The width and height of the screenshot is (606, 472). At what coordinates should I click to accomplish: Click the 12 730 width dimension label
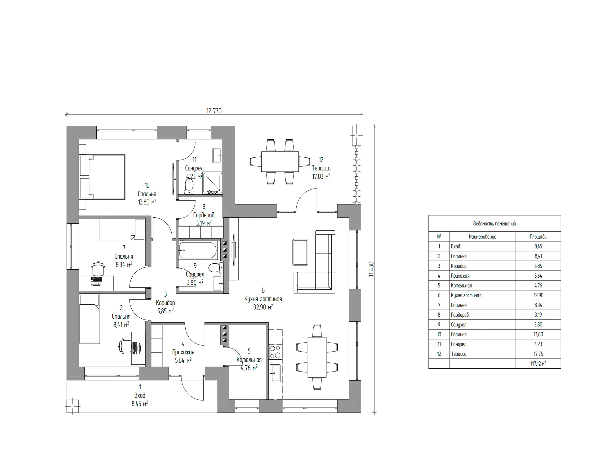[x=214, y=111]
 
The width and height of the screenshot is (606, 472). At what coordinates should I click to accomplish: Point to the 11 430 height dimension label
[x=371, y=269]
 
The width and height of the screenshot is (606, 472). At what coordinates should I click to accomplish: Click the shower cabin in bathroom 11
[x=213, y=183]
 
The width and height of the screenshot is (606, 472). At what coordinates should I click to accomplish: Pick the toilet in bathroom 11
[x=189, y=186]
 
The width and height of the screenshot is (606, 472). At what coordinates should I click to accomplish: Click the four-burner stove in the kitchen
[x=276, y=352]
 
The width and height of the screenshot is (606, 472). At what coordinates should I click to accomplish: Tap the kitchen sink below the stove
[x=275, y=373]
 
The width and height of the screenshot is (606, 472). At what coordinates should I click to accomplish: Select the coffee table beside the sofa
[x=300, y=252]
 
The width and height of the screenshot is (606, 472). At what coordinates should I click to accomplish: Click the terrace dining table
[x=280, y=161]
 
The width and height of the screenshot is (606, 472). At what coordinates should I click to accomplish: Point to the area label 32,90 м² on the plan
[x=263, y=307]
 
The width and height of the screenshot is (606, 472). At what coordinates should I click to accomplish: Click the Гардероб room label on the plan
[x=204, y=215]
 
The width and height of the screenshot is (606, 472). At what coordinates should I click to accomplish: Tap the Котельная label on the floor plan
[x=249, y=360]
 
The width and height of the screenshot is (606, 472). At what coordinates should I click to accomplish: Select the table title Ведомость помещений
[x=495, y=224]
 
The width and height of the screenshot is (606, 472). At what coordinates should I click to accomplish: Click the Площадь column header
[x=538, y=237]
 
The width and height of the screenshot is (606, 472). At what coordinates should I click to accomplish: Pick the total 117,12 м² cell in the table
[x=538, y=364]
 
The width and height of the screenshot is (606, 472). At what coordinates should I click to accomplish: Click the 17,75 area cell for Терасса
[x=538, y=354]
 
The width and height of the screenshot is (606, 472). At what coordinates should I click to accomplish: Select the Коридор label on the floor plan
[x=165, y=302]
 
